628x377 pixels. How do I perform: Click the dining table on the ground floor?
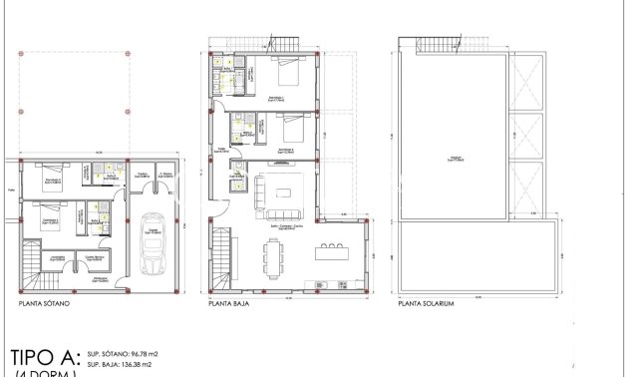pos(272,256)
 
